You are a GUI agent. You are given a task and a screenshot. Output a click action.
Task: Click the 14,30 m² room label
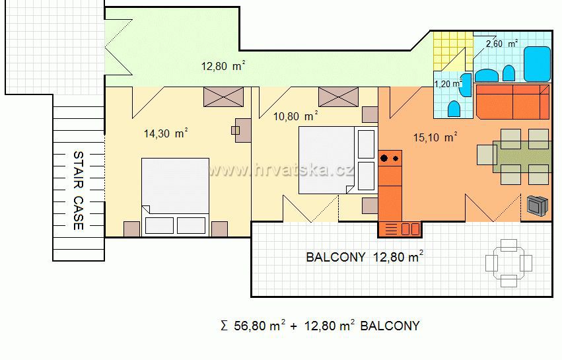pos(166,133)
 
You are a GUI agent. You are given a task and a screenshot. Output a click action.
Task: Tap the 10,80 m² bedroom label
pos(296,116)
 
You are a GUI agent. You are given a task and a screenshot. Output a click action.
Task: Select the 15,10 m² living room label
pos(435,137)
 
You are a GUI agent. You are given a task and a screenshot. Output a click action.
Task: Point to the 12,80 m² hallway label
pos(223,66)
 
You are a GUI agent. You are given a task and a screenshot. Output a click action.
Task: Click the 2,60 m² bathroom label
pos(502,44)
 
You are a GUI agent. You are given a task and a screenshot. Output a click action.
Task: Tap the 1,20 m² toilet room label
pos(448,84)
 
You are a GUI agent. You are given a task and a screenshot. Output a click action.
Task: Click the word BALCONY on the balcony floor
pos(336,257)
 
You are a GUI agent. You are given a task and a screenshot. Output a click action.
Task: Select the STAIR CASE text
pos(79,190)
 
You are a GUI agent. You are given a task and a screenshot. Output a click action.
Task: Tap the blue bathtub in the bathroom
pos(537,64)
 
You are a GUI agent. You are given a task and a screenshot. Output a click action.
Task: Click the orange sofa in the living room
pos(512,102)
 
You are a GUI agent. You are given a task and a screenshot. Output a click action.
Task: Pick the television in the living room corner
pos(538,206)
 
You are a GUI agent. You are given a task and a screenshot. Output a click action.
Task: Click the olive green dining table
pos(522,157)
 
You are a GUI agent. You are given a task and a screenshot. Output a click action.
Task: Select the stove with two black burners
pos(390,158)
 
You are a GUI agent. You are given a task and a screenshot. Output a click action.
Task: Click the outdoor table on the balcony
pos(509,263)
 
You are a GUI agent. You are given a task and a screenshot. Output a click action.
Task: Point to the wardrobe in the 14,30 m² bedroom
pos(223,97)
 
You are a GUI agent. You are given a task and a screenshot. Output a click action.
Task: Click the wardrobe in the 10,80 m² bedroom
pos(338,97)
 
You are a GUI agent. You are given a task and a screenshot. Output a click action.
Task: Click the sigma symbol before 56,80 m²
pos(224,326)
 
